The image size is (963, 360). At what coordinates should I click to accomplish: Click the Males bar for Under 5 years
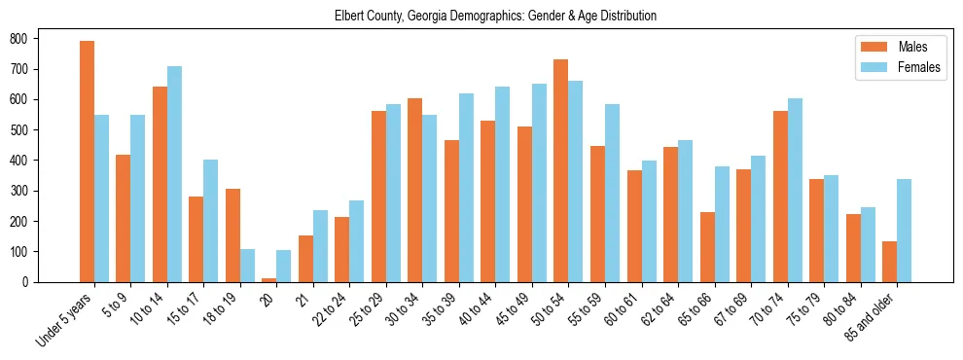click(x=87, y=162)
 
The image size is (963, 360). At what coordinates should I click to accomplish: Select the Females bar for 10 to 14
click(x=174, y=174)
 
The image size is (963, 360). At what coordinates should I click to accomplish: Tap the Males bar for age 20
click(x=269, y=279)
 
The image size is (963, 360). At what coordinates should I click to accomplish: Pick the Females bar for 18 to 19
click(x=247, y=266)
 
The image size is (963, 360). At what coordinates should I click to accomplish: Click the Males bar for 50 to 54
click(x=561, y=170)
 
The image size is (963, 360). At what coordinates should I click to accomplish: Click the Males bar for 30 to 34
click(x=415, y=190)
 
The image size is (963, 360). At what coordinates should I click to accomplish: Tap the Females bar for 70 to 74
click(x=795, y=190)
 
